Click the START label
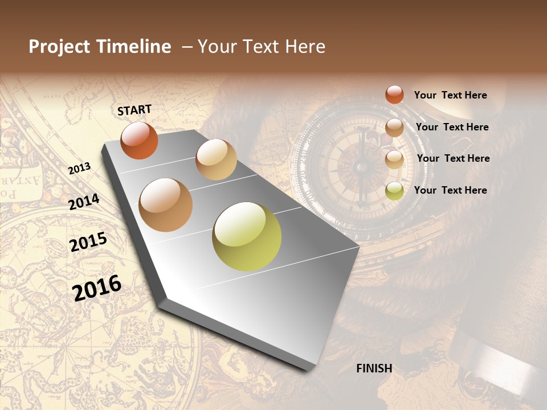point(134,109)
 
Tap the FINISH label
point(374,368)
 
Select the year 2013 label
point(79,169)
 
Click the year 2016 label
point(97,288)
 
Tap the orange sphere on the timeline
point(139,140)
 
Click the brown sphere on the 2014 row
point(166,205)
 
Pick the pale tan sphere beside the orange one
point(216,159)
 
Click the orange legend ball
point(394,95)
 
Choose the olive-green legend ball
point(394,191)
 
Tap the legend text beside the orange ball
point(450,95)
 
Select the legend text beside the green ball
point(450,190)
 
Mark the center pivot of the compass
point(361,167)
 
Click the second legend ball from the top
point(394,128)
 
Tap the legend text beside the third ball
point(453,158)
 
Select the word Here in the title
point(305,47)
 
